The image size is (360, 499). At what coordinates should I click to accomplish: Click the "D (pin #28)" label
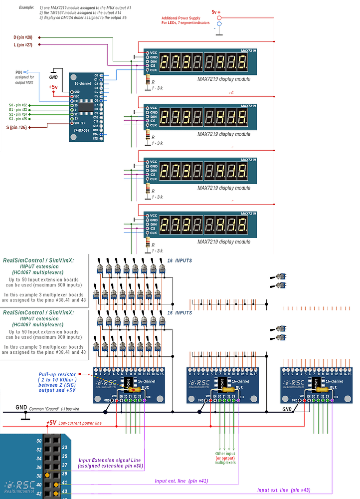[22, 37]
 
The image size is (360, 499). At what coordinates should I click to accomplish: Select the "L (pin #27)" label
[22, 45]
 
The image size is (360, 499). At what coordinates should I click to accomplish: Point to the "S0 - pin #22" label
[18, 105]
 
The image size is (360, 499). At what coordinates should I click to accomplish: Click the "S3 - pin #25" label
[18, 119]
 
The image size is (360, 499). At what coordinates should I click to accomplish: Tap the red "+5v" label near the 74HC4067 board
[53, 87]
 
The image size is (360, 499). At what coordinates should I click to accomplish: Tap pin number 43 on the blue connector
[65, 492]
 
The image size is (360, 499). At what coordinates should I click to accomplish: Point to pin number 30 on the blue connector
[39, 441]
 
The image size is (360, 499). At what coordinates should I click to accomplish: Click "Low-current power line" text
[81, 423]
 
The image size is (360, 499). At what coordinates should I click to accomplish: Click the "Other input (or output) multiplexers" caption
[225, 458]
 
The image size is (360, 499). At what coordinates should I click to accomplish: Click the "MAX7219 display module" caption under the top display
[223, 79]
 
